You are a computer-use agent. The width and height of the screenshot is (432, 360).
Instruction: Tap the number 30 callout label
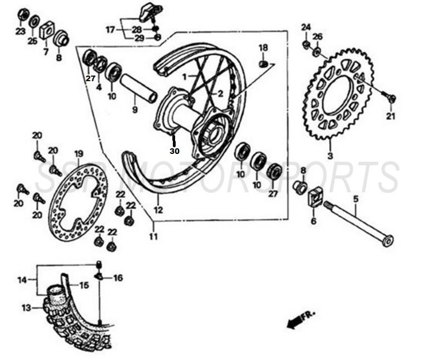tap(174, 151)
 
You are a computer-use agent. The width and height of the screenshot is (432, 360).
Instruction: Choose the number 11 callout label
tap(153, 236)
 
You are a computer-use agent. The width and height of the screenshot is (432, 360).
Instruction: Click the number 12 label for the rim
tap(159, 210)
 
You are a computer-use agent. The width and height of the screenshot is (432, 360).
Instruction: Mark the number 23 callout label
tap(20, 31)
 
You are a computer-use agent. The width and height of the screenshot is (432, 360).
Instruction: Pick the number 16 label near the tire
tap(118, 278)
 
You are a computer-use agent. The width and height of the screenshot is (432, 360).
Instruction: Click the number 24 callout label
tap(306, 27)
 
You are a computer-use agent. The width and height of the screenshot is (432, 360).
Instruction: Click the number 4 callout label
tap(99, 87)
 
